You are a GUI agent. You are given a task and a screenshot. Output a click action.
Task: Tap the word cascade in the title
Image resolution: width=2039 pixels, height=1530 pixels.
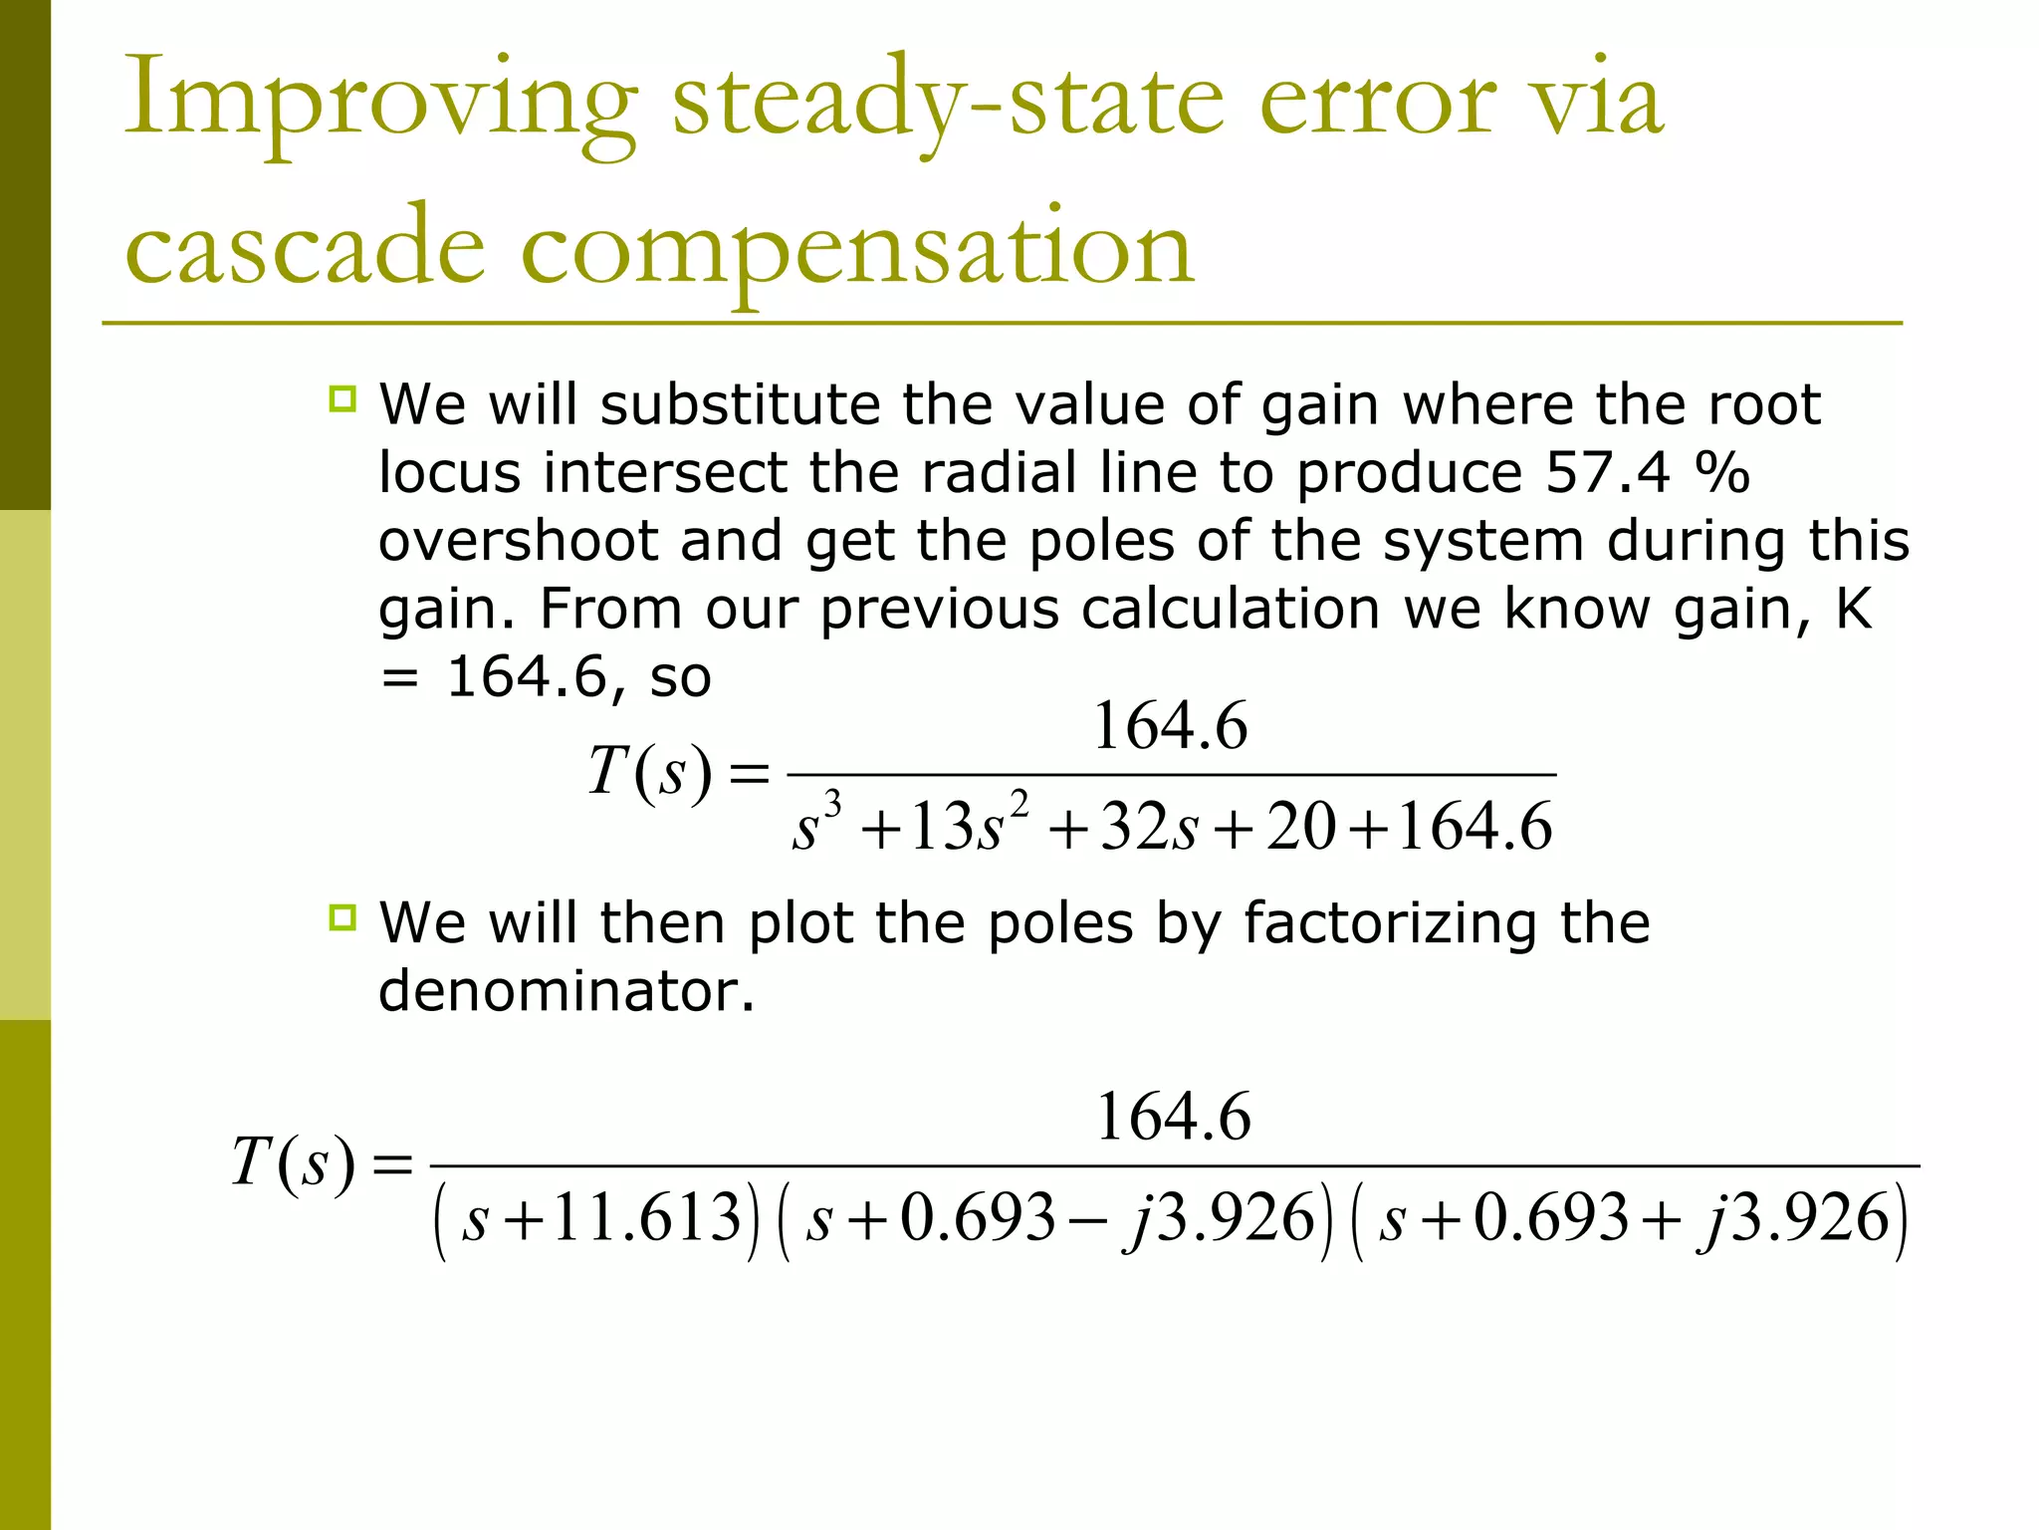pos(305,247)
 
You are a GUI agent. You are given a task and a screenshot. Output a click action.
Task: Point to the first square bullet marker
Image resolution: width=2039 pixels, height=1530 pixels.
pos(342,399)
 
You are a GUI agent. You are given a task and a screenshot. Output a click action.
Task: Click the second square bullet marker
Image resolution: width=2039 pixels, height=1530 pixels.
pos(342,917)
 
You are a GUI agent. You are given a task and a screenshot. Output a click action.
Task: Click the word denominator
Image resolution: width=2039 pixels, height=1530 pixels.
pos(566,991)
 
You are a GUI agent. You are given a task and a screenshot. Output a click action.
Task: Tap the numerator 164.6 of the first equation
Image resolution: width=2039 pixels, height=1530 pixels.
pos(1170,726)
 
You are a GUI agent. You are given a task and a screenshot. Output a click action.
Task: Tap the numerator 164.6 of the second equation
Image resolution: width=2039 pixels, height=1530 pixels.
pos(1173,1117)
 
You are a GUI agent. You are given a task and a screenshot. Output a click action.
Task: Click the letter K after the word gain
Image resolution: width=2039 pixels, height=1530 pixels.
pos(1853,609)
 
